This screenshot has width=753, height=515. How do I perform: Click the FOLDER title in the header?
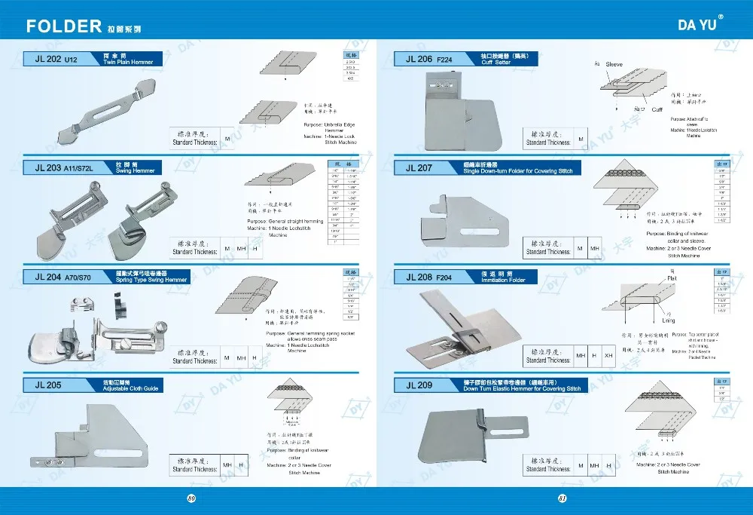[64, 27]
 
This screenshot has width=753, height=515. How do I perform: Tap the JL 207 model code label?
[419, 168]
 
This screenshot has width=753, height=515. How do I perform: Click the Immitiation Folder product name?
[505, 280]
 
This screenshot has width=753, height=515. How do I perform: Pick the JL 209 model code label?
[419, 385]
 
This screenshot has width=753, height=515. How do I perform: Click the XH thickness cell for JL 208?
[609, 354]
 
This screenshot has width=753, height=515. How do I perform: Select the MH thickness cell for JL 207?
[595, 248]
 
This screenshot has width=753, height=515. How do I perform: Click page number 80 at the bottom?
[191, 498]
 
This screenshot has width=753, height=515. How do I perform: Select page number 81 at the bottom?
[561, 498]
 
